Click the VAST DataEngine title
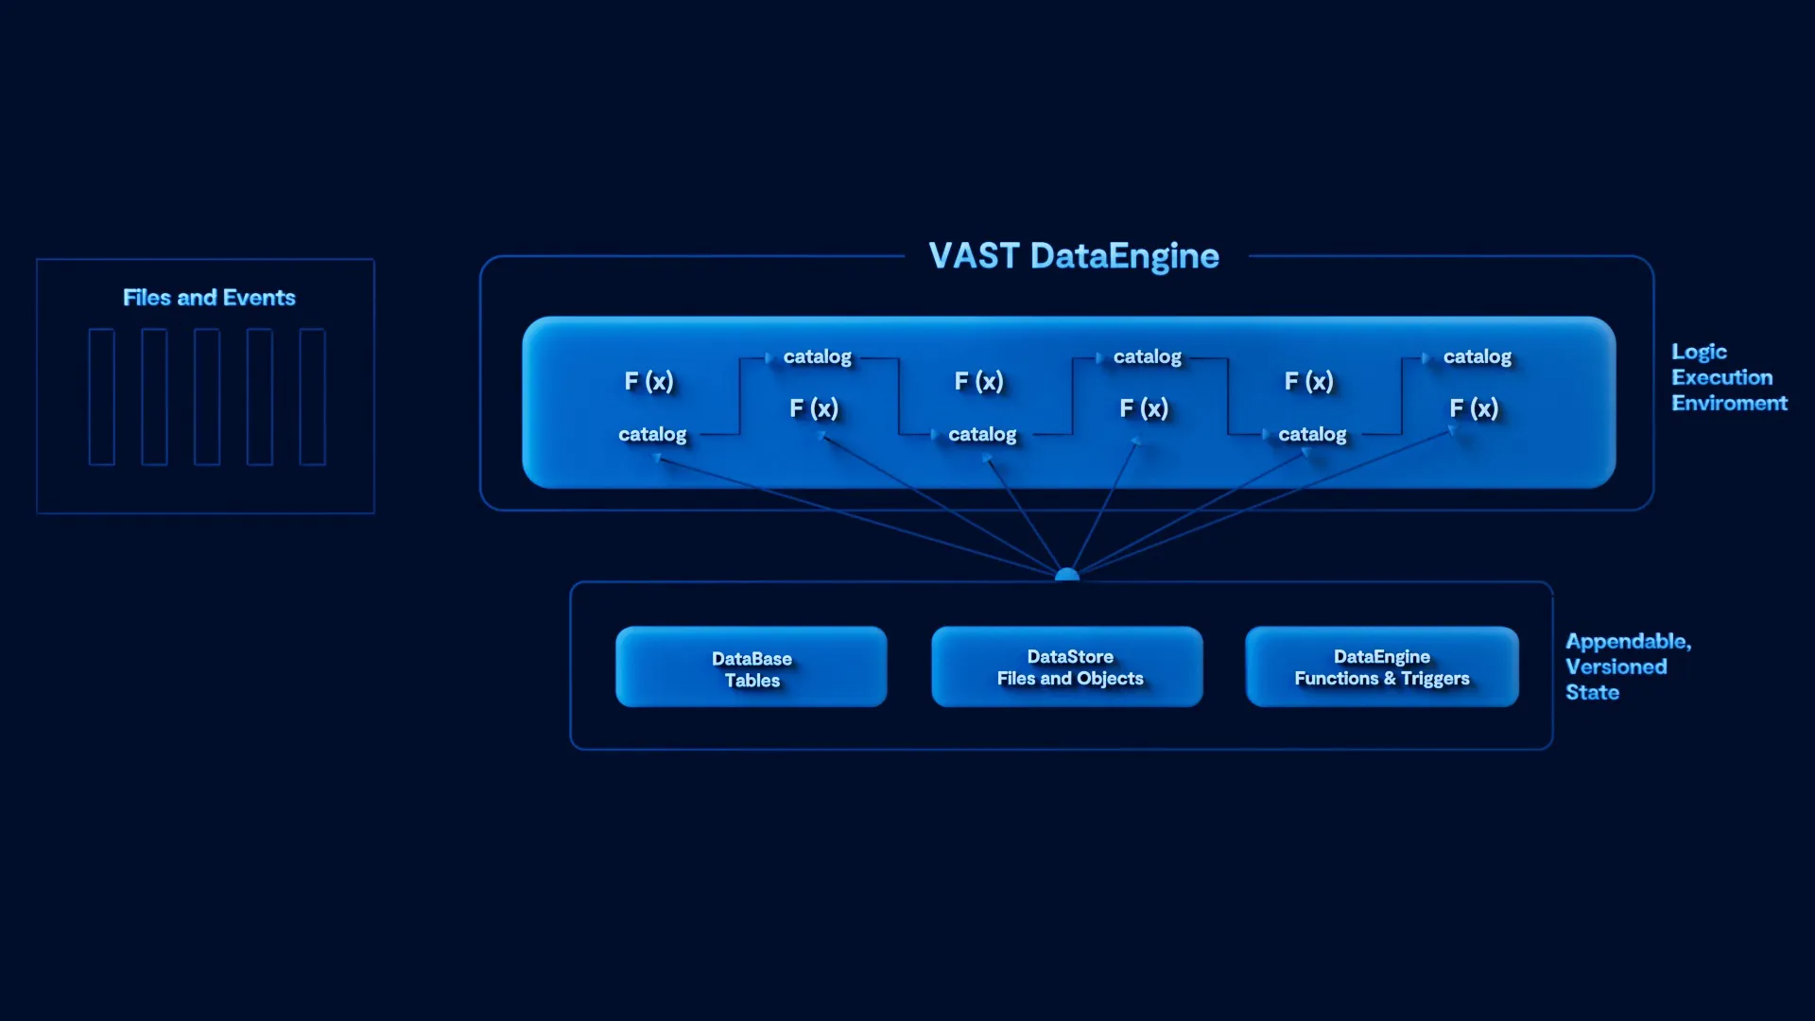[x=1074, y=256]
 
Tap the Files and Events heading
[x=209, y=298]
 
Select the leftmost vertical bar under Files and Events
[x=101, y=397]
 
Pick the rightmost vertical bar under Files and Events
[x=312, y=397]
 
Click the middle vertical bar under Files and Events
[x=207, y=397]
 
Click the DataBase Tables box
[x=752, y=667]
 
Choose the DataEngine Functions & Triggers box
[x=1382, y=667]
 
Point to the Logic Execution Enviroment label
[x=1728, y=377]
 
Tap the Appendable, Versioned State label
[x=1627, y=666]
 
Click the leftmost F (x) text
[x=648, y=381]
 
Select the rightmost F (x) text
[x=1474, y=408]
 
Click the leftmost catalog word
[x=652, y=434]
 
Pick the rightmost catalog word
[x=1477, y=356]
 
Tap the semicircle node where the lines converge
[x=1066, y=575]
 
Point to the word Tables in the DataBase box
[x=752, y=681]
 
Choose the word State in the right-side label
[x=1592, y=693]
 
